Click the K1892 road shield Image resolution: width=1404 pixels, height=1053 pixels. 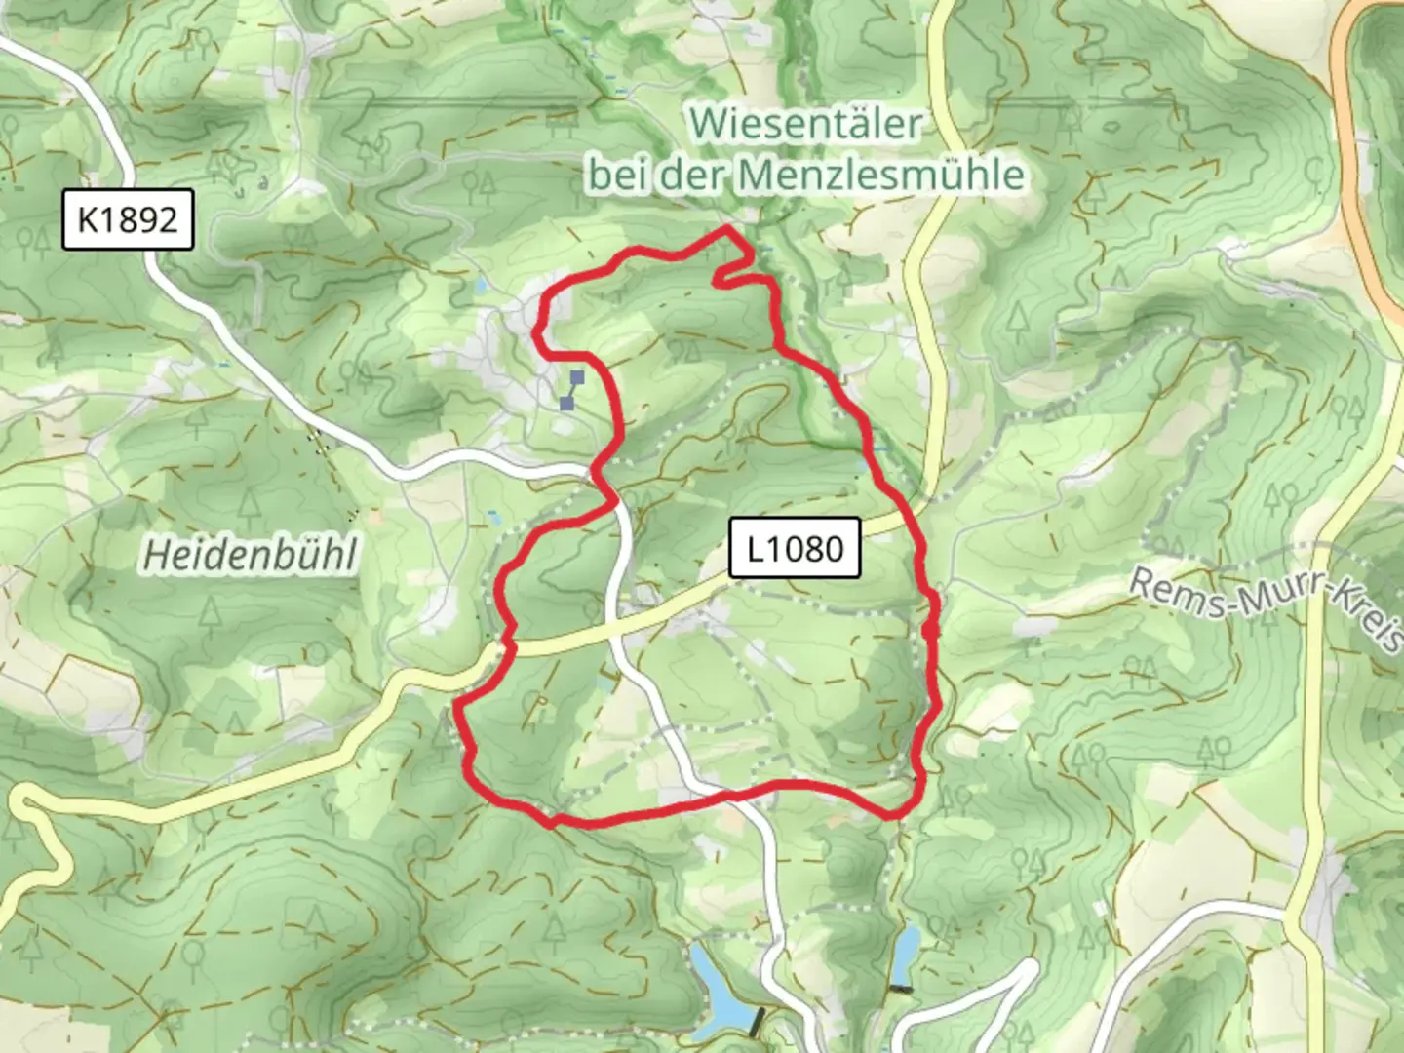tap(128, 220)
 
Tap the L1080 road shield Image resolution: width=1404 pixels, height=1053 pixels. tap(795, 548)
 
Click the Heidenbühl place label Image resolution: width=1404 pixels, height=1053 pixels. tap(251, 555)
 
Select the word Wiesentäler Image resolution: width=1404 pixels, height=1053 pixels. tap(805, 124)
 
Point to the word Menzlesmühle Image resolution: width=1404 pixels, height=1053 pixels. tap(880, 175)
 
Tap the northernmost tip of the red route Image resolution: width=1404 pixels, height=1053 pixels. tap(727, 228)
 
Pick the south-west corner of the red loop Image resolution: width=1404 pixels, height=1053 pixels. tap(549, 822)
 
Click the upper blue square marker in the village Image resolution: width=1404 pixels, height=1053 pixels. tap(577, 376)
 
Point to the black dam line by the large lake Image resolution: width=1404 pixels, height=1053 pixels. tap(757, 1022)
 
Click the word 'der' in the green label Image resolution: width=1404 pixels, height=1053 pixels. tap(693, 175)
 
